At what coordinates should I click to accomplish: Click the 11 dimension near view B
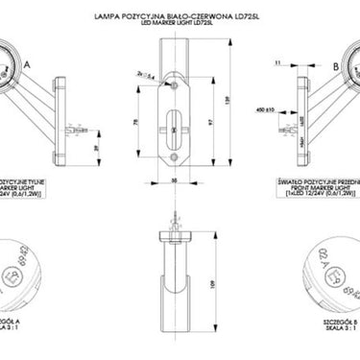(278, 61)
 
